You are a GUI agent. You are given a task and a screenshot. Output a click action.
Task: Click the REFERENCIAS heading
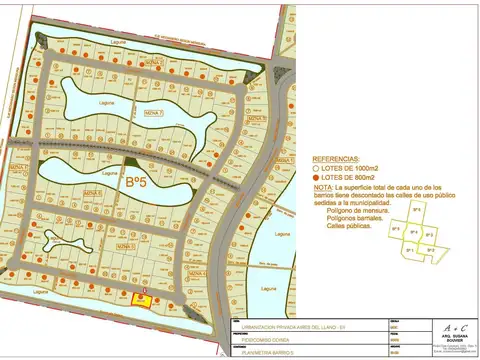point(336,159)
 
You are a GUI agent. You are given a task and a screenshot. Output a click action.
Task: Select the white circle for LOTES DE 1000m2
point(317,168)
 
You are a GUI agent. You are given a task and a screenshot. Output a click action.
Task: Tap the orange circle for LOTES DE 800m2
point(317,177)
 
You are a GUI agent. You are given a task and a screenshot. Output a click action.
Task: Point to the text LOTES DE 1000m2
point(351,168)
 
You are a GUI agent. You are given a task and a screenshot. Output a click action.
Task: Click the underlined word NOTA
point(323,186)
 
